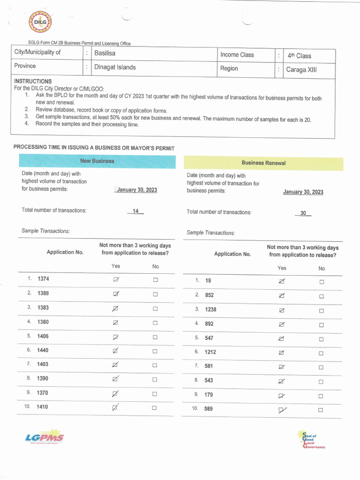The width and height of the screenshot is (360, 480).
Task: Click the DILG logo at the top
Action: point(40,22)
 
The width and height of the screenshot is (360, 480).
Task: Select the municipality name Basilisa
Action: point(105,53)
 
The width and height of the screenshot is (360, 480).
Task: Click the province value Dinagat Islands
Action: point(115,67)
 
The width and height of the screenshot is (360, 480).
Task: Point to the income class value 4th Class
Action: point(300,56)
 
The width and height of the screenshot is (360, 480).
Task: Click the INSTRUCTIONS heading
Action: point(33,81)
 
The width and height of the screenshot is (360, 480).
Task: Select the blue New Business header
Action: point(97,161)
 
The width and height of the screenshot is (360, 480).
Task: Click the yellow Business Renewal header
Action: point(263,163)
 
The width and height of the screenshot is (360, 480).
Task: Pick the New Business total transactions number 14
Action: point(135,211)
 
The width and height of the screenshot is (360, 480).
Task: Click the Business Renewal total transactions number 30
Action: point(303,213)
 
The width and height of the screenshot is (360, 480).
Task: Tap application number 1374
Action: point(43,279)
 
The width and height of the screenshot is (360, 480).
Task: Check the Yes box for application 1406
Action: point(116,337)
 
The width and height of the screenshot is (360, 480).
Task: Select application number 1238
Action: point(210,310)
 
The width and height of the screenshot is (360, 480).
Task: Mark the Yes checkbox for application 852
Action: point(282,296)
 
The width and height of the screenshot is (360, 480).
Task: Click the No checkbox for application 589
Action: point(321,410)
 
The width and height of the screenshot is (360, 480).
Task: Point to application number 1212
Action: point(210,352)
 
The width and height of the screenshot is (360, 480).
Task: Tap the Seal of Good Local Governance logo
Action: point(310,440)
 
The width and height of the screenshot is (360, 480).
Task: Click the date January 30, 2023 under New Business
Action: point(136,190)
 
